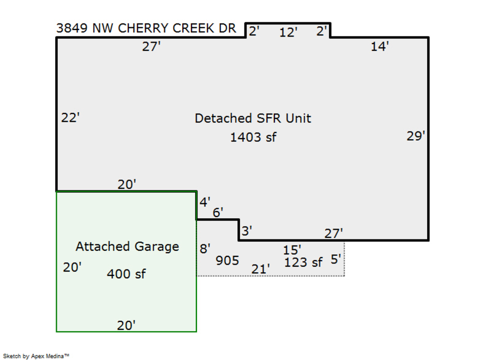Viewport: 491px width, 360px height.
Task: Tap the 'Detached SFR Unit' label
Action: (x=253, y=118)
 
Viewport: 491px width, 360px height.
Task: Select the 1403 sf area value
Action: (x=253, y=137)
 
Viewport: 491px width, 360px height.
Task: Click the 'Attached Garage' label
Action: (x=127, y=247)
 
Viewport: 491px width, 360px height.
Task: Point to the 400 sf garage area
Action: (x=126, y=274)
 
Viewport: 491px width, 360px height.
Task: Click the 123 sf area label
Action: (x=303, y=262)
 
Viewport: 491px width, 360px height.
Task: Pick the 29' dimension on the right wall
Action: (x=416, y=136)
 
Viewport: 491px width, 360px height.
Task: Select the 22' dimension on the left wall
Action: (x=70, y=118)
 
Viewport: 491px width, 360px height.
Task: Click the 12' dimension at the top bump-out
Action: (x=288, y=33)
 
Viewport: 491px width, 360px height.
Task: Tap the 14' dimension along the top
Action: (x=380, y=47)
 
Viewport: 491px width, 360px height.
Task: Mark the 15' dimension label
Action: (x=292, y=250)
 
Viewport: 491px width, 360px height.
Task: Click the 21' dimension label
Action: (x=261, y=269)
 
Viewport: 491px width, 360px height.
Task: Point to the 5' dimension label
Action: (x=336, y=260)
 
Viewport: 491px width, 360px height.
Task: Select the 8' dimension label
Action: (x=205, y=249)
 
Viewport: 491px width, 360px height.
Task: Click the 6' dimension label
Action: (x=218, y=213)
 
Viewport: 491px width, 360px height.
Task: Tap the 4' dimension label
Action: (x=205, y=202)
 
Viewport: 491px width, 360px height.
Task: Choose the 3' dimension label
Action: (x=247, y=231)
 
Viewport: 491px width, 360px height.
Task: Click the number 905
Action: (x=227, y=261)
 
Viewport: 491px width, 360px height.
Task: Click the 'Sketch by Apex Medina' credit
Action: (x=36, y=356)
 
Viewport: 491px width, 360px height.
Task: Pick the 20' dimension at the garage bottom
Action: (x=126, y=326)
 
